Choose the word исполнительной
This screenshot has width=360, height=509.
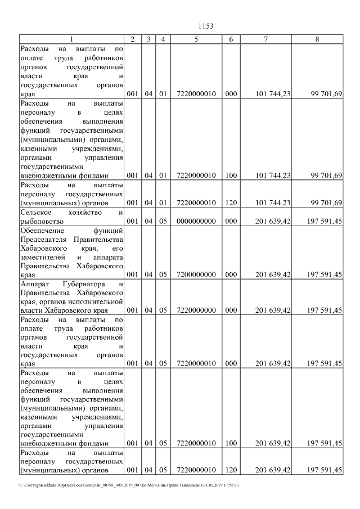96,301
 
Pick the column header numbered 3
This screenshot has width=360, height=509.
148,39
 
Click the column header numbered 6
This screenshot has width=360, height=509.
231,39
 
